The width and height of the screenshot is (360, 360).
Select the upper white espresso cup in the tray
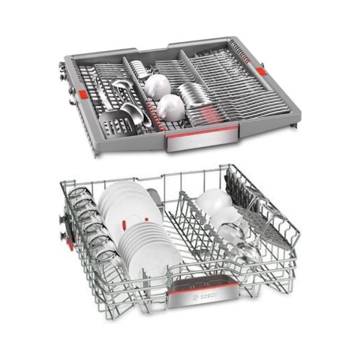click(x=156, y=84)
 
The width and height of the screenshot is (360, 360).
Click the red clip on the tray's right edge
click(x=261, y=71)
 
